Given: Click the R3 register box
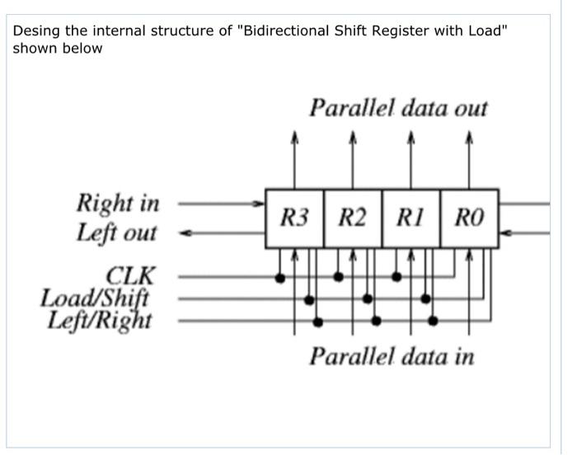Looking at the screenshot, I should [x=294, y=218].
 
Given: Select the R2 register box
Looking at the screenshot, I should [x=353, y=218].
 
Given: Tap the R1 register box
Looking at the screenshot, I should [x=410, y=218].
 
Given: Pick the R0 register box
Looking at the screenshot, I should [x=469, y=218].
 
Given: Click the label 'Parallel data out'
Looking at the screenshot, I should [x=398, y=108].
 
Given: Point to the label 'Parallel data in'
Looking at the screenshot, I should [x=392, y=356].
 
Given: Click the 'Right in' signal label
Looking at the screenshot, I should [x=118, y=203].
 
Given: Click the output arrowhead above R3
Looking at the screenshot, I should [x=294, y=138].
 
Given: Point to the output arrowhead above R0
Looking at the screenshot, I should [x=469, y=138].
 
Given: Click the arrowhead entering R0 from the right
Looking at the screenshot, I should [x=505, y=233].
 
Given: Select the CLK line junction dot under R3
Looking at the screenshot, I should [x=280, y=278].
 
